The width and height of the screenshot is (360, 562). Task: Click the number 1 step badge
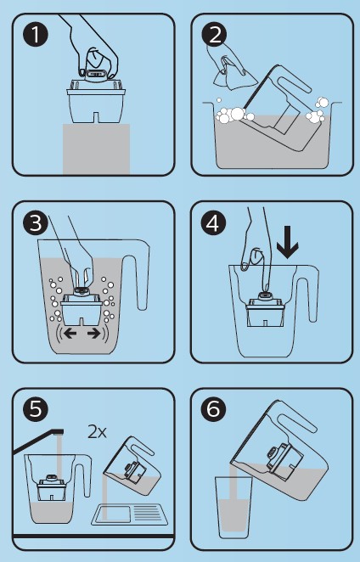pos(35,35)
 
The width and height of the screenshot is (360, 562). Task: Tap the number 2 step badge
pos(214,35)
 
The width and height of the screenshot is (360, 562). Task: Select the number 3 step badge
pos(35,222)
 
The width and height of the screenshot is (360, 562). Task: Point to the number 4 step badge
pos(214,222)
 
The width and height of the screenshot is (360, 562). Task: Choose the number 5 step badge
pos(35,409)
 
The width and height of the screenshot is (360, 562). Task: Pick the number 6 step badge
pos(214,409)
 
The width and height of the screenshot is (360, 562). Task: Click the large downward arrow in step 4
pos(288,242)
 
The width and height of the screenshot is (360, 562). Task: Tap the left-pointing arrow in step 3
pos(70,334)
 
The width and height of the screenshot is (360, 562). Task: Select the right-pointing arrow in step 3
pos(94,334)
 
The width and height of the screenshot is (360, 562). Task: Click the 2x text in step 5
pos(97,432)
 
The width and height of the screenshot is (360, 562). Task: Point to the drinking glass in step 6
pos(233,507)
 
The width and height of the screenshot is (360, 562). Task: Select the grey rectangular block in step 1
pos(96,149)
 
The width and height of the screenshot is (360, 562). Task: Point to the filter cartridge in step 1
pos(96,100)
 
